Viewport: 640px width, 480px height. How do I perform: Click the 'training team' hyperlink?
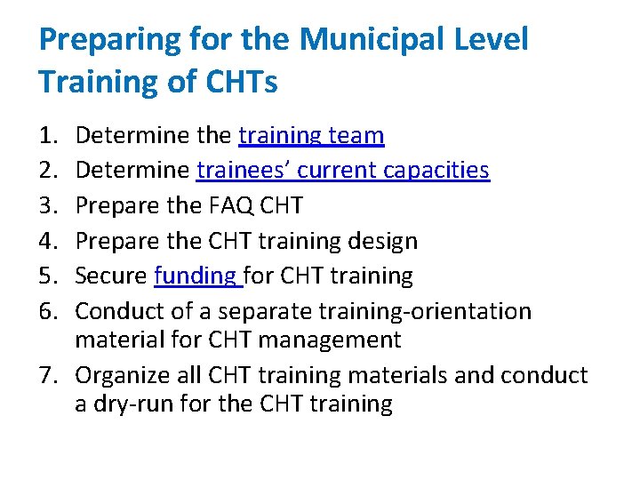pyautogui.click(x=311, y=136)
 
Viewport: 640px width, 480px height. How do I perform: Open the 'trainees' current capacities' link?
pyautogui.click(x=343, y=170)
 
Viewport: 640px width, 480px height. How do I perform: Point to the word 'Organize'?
pyautogui.click(x=119, y=376)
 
